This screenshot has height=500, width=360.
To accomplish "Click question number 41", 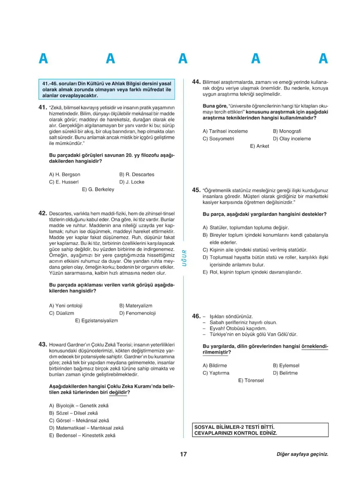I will tap(42, 107).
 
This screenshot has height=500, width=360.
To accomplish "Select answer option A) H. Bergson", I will tap(65, 174).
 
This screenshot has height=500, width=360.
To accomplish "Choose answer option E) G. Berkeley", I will tap(98, 189).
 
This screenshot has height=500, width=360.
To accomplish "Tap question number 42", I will tap(42, 213).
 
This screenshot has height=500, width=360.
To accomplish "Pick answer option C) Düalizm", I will tap(61, 313).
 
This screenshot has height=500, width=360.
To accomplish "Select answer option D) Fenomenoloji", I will tap(137, 313).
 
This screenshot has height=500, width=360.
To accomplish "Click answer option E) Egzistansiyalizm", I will tap(97, 321).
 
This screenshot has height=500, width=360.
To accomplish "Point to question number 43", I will tap(42, 344).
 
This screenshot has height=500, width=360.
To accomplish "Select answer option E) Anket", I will tap(260, 146).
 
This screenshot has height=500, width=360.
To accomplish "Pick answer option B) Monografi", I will tap(287, 131).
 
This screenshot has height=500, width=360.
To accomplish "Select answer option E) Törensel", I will tap(251, 380).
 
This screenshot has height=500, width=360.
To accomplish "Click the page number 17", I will tap(183, 454).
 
